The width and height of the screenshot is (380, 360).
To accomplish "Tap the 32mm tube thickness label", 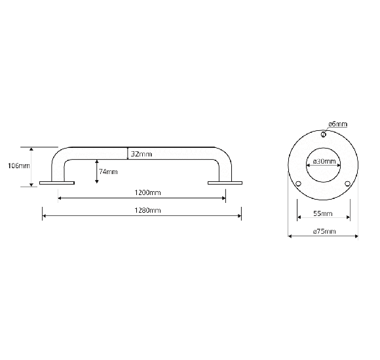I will coord(141,154).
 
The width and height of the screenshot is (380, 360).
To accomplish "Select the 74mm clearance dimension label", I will coord(108,171).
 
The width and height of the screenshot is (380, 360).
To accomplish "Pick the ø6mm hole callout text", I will coord(337,124).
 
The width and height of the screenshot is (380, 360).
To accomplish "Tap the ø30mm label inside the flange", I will coord(324,161).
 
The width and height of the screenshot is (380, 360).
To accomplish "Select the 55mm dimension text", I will coord(323,213).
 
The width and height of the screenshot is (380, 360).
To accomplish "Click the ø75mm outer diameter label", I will coord(323,231).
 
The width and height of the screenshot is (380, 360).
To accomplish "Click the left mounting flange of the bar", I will coord(57,183).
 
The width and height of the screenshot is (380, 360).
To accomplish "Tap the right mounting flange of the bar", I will coord(225,183).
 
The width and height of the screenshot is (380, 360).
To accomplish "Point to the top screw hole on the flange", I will coord(323,135).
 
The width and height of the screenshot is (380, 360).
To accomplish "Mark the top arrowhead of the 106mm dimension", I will coord(31,149).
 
